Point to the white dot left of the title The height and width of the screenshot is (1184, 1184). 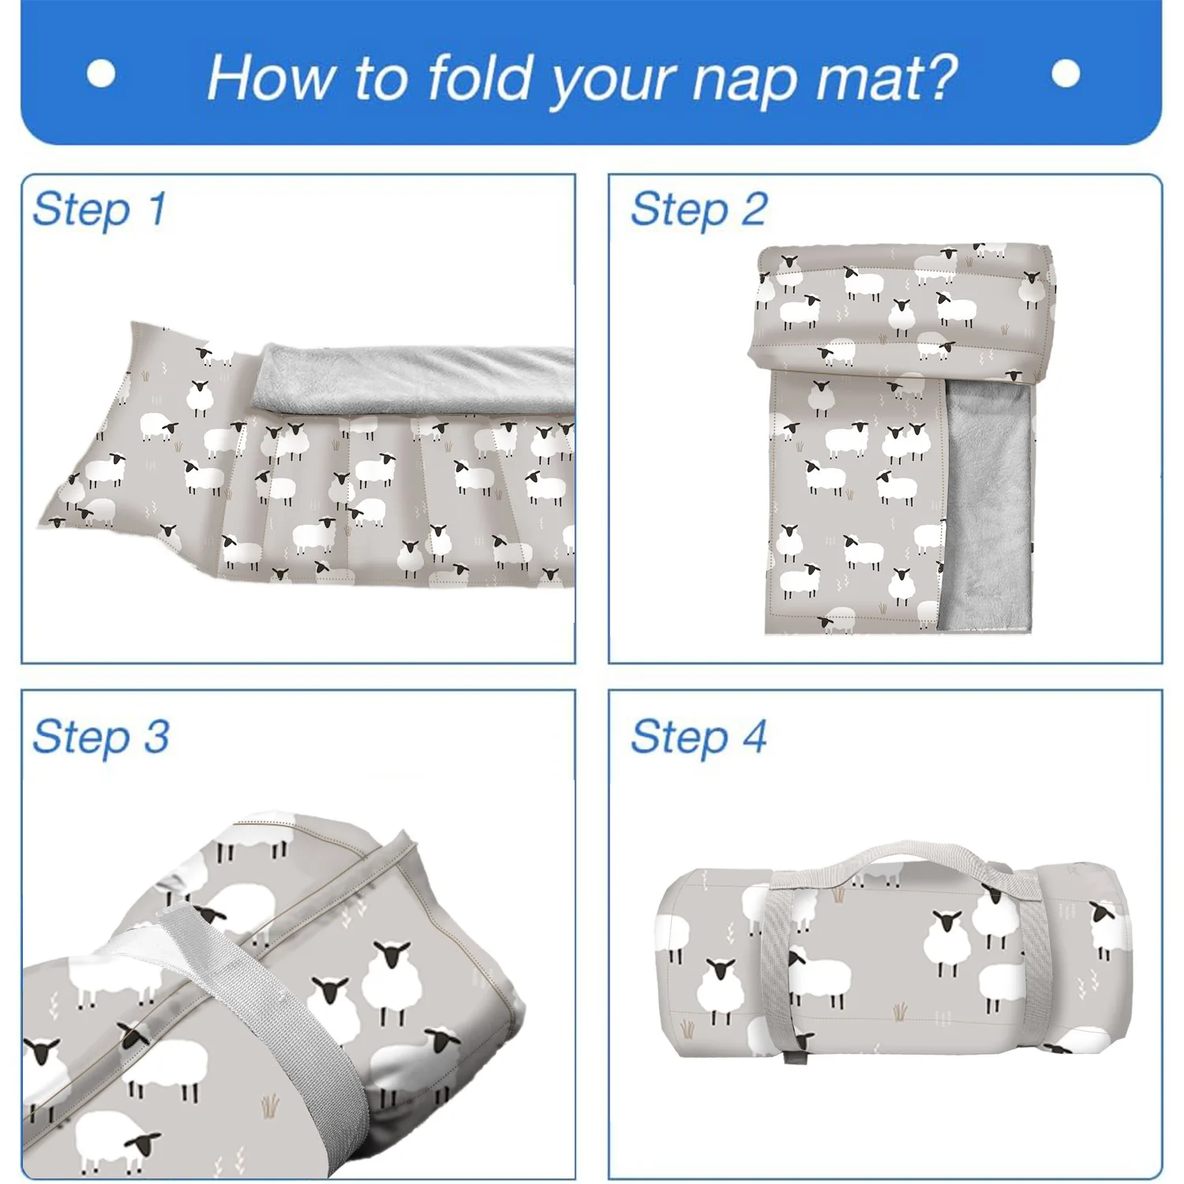point(101,74)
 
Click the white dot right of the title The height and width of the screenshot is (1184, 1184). point(1066,74)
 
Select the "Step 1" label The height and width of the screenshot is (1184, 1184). point(99,209)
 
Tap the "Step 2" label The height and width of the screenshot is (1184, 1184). point(699,210)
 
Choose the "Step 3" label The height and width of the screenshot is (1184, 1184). point(101,736)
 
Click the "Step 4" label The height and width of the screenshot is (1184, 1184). point(699,736)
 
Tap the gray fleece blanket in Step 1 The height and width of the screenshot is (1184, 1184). point(418,379)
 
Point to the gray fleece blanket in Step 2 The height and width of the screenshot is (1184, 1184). point(988,505)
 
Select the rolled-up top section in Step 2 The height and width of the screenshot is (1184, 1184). point(900,308)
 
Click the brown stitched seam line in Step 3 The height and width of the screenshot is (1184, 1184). point(308,908)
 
